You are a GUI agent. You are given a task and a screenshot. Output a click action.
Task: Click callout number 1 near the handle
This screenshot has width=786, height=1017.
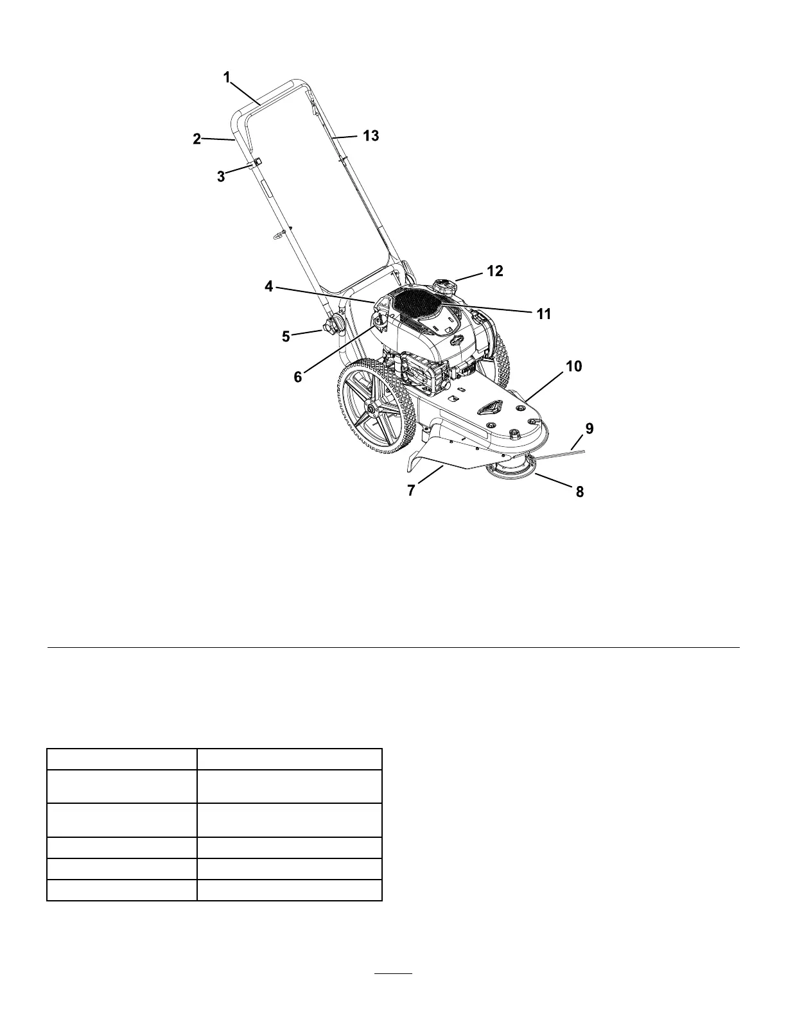(x=227, y=78)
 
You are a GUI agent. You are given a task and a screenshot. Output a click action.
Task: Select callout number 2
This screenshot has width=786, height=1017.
(x=197, y=139)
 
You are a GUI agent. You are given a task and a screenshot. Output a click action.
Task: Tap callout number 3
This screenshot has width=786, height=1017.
(x=221, y=177)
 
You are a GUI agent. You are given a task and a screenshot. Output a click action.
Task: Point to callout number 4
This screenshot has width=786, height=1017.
(x=269, y=287)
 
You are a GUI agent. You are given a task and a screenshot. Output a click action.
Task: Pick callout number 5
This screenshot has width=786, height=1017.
(x=286, y=336)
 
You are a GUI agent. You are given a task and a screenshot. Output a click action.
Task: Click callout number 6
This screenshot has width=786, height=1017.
(x=298, y=377)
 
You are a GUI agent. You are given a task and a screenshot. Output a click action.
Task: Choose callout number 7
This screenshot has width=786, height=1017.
(x=412, y=491)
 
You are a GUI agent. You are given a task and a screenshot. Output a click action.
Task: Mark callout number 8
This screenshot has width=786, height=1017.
(x=579, y=492)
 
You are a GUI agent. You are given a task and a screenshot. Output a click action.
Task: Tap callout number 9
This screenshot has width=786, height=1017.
(x=589, y=427)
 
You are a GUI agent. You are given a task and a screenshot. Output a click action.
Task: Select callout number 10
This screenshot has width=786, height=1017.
(x=573, y=367)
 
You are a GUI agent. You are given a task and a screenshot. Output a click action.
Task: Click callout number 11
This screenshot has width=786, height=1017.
(x=544, y=314)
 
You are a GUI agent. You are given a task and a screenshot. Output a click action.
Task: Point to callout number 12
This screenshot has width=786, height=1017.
(x=494, y=271)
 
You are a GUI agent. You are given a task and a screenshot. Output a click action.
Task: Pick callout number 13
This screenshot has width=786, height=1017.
(x=371, y=135)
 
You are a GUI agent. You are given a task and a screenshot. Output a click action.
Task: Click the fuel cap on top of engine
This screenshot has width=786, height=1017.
(x=443, y=286)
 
